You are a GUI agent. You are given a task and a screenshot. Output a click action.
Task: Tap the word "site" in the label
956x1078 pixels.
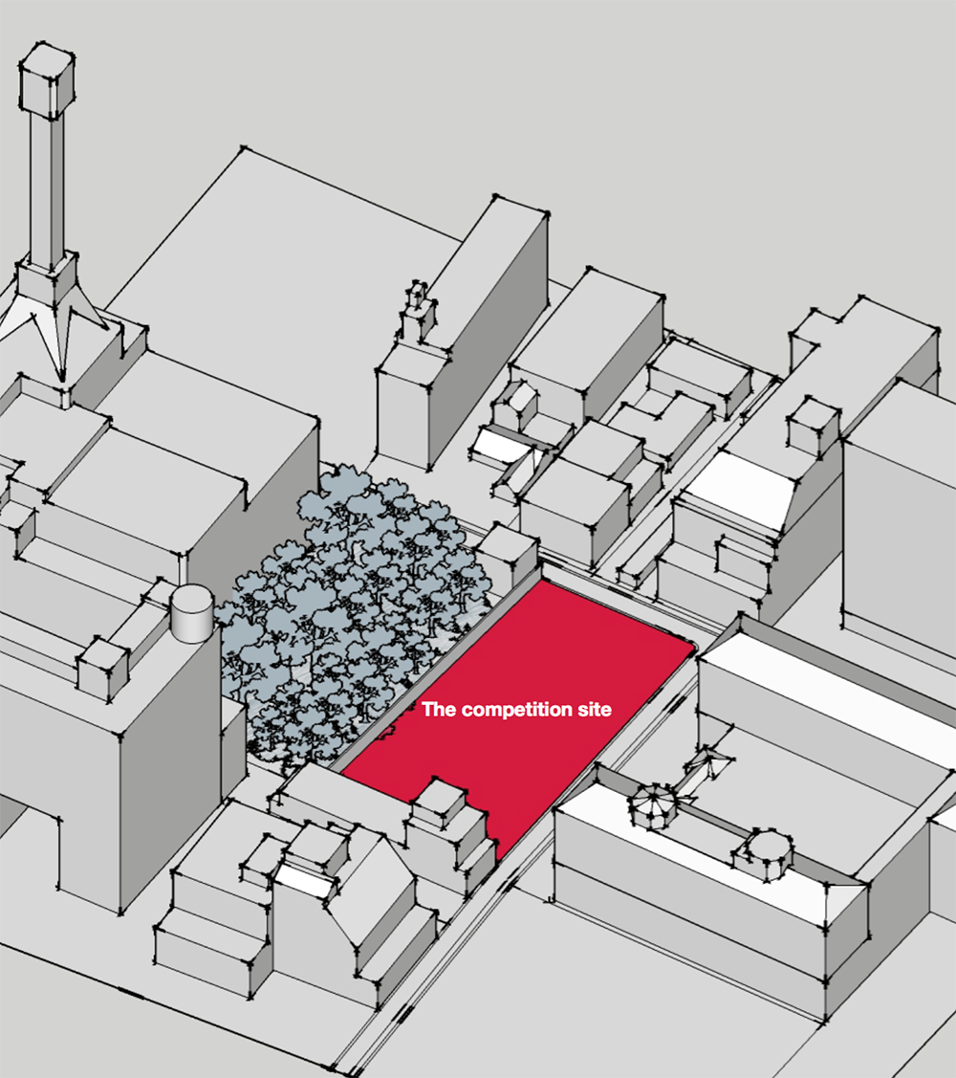593,711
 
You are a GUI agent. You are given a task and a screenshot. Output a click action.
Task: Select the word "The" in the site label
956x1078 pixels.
439,711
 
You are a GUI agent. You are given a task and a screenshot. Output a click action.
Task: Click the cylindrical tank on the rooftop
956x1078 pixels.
191,613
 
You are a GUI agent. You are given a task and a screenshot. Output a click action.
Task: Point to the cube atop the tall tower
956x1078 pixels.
47,77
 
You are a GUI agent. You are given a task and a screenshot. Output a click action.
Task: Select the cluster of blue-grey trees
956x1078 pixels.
354,612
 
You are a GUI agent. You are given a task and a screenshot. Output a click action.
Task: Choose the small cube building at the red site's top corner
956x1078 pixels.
509,555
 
